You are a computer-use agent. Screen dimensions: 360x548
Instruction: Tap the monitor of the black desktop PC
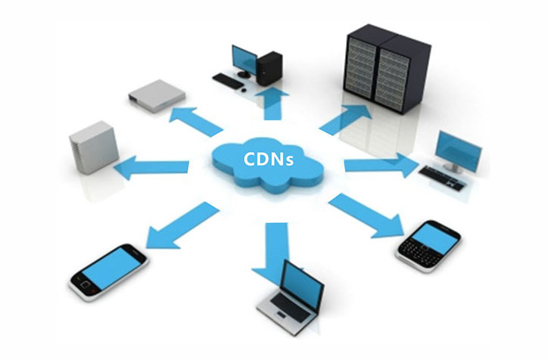244,58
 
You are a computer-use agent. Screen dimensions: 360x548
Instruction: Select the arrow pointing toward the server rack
344,119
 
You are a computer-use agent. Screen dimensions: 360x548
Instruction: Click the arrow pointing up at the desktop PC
274,102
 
